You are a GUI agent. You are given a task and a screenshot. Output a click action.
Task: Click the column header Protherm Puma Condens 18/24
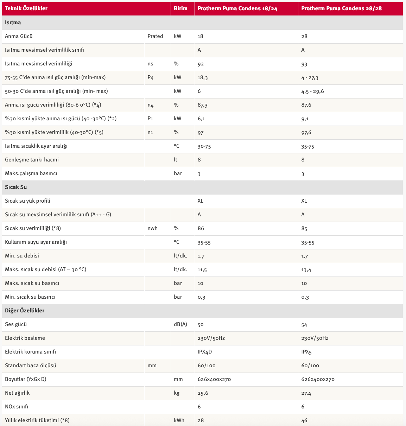pos(237,8)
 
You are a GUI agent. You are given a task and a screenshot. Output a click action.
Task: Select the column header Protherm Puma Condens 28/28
pos(341,8)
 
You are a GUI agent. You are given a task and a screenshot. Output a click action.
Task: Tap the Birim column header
pos(181,8)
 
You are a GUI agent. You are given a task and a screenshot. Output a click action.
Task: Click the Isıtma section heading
pos(13,23)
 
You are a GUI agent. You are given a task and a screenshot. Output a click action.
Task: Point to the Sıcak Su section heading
pos(16,187)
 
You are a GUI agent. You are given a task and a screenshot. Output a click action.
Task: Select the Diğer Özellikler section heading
pos(25,311)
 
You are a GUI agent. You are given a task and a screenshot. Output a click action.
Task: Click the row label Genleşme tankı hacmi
pos(32,160)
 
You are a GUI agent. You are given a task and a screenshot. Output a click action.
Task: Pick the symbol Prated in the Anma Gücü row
pos(155,36)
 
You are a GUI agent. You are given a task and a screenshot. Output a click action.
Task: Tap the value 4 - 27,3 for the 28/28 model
pos(310,78)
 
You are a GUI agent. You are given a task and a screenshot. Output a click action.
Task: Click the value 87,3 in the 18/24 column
pos(203,105)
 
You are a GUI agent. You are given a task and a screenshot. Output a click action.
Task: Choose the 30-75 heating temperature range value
pos(204,146)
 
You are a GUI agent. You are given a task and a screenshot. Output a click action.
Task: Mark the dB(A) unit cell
pos(180,324)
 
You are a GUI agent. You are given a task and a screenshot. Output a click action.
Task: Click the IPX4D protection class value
pos(205,352)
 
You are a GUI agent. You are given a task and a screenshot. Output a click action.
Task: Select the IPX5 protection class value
pos(306,352)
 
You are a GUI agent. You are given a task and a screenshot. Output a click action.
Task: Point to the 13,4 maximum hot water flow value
pos(306,270)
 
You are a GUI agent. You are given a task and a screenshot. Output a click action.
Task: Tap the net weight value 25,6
pos(203,393)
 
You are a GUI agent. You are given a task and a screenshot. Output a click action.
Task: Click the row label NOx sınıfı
pos(17,407)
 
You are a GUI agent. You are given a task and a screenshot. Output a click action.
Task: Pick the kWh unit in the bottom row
pos(179,420)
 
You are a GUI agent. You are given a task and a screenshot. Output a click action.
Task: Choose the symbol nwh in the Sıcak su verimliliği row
pos(152,228)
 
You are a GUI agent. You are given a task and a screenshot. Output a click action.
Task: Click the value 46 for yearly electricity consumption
pos(304,420)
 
